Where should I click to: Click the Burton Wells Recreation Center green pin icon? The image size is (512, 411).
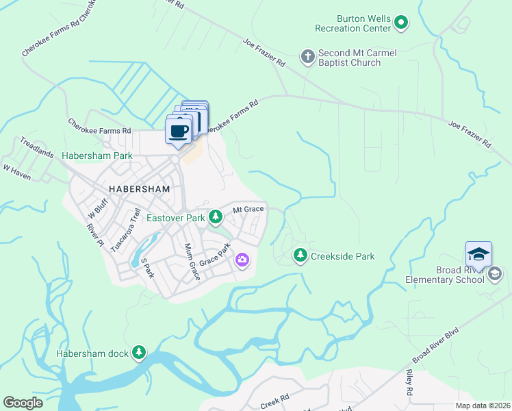tap(402, 23)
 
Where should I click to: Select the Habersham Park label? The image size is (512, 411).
tap(97, 156)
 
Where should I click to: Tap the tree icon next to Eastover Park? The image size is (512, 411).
tap(216, 218)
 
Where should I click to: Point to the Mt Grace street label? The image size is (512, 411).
tap(248, 210)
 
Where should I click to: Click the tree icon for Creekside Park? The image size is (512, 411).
tap(300, 256)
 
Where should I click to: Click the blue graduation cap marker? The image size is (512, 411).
tap(478, 254)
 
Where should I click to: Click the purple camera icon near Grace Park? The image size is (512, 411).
tap(242, 260)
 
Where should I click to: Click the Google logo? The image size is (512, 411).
tap(23, 403)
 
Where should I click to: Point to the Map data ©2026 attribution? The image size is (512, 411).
tap(483, 406)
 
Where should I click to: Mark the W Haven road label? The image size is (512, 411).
tap(17, 169)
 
